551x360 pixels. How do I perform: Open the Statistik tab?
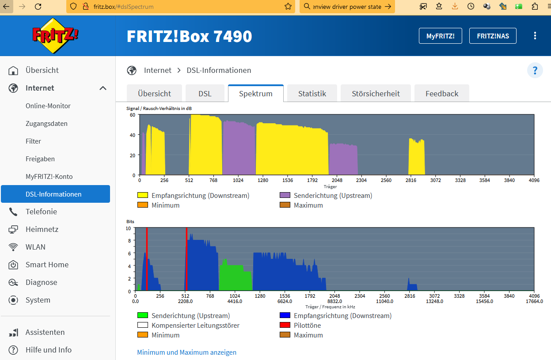point(312,94)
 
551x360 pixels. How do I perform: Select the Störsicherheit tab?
point(376,94)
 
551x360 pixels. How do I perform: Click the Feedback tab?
point(441,94)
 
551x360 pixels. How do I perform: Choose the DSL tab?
point(205,94)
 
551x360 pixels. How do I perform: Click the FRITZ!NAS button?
point(493,36)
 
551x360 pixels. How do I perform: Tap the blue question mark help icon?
point(535,70)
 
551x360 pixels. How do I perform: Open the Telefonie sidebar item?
point(41,212)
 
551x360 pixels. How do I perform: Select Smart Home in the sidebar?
point(47,265)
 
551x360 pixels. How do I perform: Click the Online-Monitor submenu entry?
point(48,106)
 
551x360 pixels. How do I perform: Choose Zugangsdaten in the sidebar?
point(46,124)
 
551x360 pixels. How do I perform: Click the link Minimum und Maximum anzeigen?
point(186,352)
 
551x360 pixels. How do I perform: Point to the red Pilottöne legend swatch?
point(285,326)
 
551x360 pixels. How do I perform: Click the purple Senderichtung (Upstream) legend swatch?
point(285,195)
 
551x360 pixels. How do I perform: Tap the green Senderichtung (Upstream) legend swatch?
point(142,316)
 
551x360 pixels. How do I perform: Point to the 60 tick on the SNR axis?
point(132,115)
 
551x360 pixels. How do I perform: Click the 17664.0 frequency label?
point(534,301)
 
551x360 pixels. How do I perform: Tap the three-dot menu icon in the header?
point(535,36)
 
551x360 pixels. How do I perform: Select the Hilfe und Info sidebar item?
point(48,350)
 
